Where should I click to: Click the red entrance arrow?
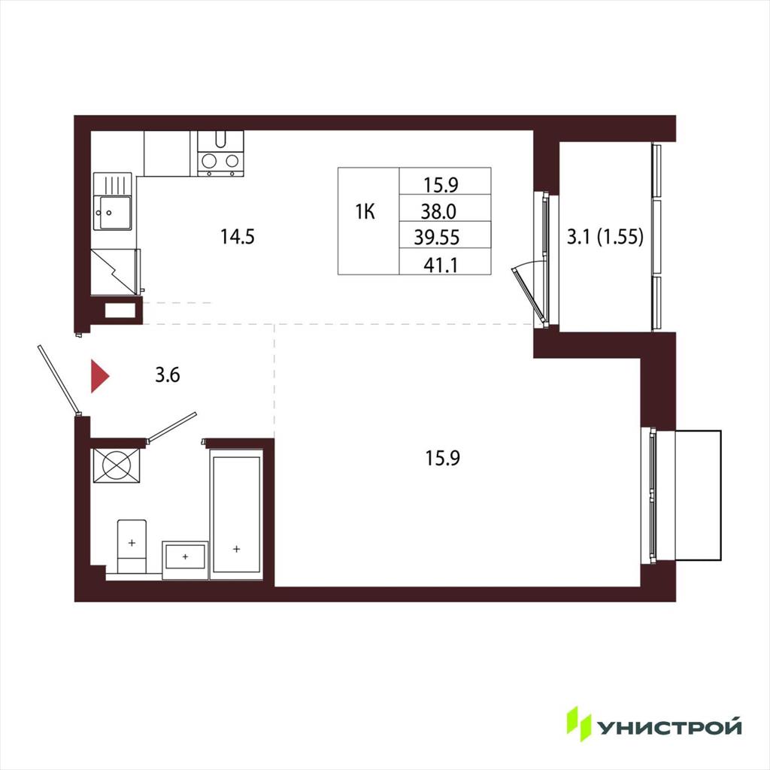99,376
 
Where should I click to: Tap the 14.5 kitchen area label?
238,237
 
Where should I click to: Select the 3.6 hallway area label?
168,374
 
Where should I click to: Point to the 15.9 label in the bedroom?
442,458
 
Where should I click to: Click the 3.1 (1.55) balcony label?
605,237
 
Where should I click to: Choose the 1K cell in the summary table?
365,212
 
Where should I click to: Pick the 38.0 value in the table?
438,211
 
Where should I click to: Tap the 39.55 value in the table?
437,237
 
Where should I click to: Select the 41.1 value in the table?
441,265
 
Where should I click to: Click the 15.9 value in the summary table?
441,185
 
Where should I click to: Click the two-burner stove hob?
220,160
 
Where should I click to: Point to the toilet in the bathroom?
132,547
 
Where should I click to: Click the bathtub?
236,514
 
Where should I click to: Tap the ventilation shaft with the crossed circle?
117,465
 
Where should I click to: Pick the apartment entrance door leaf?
58,379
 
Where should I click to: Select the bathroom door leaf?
171,426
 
